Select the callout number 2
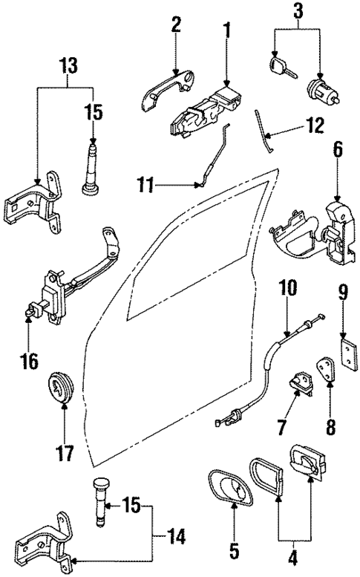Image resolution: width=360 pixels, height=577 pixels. [175, 25]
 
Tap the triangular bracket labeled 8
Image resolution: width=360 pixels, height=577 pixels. [325, 371]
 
